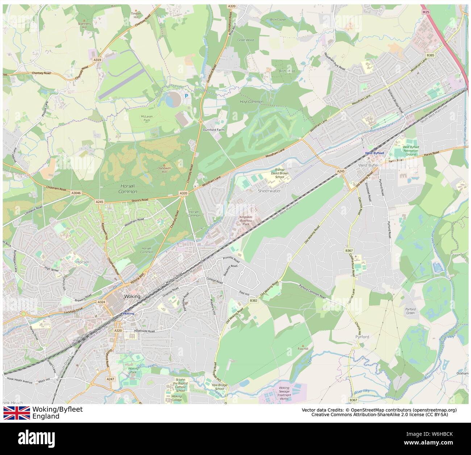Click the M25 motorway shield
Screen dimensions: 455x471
[x=426, y=12]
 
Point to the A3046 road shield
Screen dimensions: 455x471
[x=76, y=194]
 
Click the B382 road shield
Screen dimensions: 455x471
[x=254, y=301]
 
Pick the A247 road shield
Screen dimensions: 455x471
[x=111, y=379]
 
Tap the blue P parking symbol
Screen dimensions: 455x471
[x=187, y=96]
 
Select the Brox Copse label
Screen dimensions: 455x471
[x=278, y=20]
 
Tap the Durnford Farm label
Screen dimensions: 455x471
[x=214, y=129]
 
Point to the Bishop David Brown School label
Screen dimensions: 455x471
[x=280, y=173]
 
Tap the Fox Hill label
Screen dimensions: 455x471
[x=303, y=349]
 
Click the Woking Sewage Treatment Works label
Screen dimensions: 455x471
[x=284, y=393]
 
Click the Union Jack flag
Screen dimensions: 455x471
[x=17, y=413]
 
